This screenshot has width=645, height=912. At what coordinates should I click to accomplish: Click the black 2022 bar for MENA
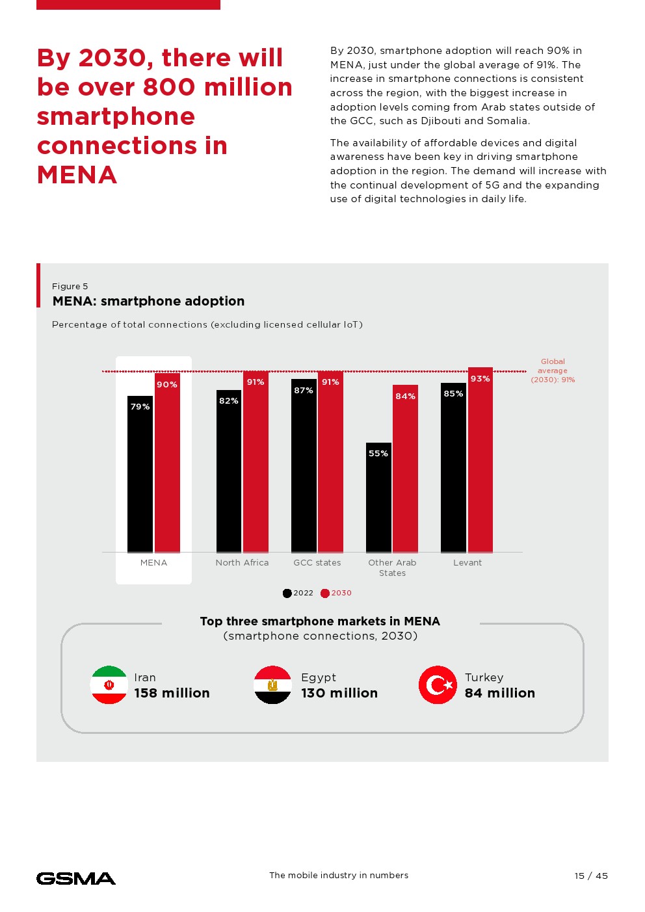(x=140, y=475)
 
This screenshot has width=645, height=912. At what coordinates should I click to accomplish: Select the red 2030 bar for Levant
(x=480, y=462)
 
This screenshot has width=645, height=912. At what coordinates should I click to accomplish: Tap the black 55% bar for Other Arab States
(x=378, y=497)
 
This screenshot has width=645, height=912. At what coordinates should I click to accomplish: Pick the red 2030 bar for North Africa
(x=256, y=462)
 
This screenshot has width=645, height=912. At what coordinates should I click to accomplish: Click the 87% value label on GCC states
(x=304, y=391)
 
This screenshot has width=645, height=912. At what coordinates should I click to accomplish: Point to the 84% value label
(x=405, y=397)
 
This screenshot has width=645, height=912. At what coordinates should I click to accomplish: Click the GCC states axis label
(x=317, y=563)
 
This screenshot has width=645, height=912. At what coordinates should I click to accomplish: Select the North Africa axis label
(x=242, y=563)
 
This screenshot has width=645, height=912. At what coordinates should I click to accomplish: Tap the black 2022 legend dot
(x=287, y=593)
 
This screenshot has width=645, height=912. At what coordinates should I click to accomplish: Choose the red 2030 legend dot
(x=325, y=593)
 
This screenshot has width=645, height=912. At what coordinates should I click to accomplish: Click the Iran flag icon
(x=109, y=685)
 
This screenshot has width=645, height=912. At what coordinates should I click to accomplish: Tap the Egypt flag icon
(x=272, y=685)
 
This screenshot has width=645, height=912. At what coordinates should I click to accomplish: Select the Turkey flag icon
(x=438, y=685)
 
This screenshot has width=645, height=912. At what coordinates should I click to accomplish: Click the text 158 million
(x=172, y=694)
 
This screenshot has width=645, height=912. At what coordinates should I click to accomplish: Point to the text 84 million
(x=499, y=694)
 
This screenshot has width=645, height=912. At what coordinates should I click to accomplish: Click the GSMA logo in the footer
(x=76, y=879)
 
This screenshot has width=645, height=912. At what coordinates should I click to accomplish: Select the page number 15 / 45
(x=591, y=876)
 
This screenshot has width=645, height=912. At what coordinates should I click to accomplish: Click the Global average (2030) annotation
(x=553, y=371)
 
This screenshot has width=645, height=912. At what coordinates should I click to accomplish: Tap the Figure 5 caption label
(x=70, y=287)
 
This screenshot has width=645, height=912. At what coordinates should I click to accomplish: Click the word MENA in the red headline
(x=77, y=175)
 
